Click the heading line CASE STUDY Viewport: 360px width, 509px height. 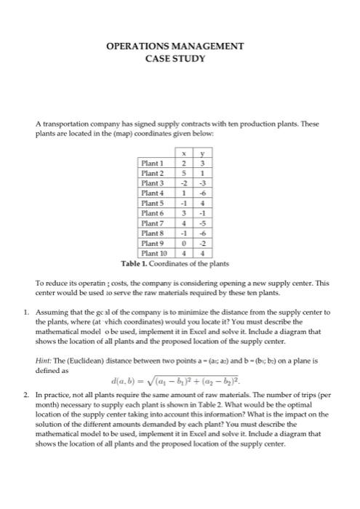(x=180, y=58)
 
